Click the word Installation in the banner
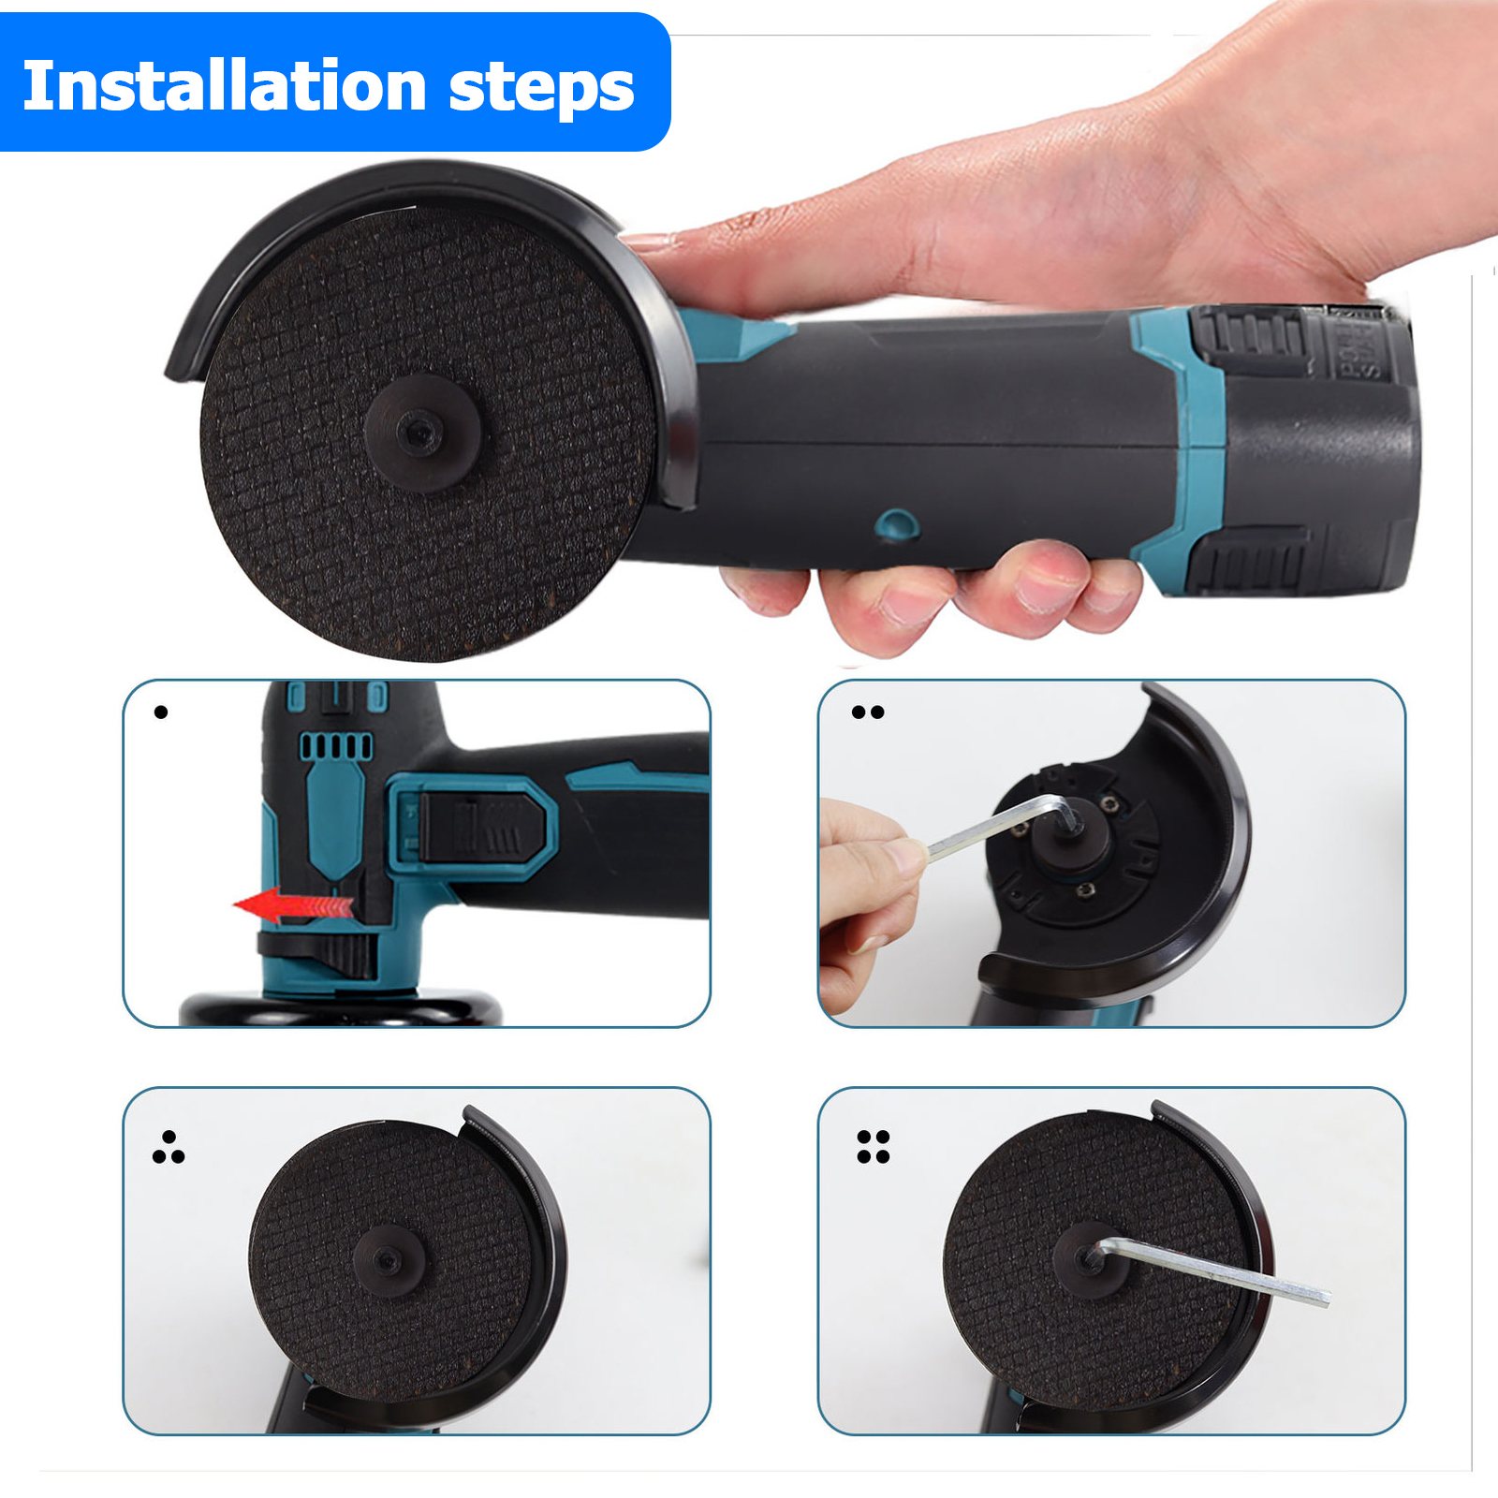pos(225,86)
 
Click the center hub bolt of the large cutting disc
pos(420,432)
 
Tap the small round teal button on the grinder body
pos(896,525)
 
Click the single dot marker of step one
pos(161,712)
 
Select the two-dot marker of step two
pos(868,712)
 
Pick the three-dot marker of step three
pos(169,1149)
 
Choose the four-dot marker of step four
pos(874,1147)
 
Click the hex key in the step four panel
pos(1217,1270)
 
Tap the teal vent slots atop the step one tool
pos(335,746)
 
